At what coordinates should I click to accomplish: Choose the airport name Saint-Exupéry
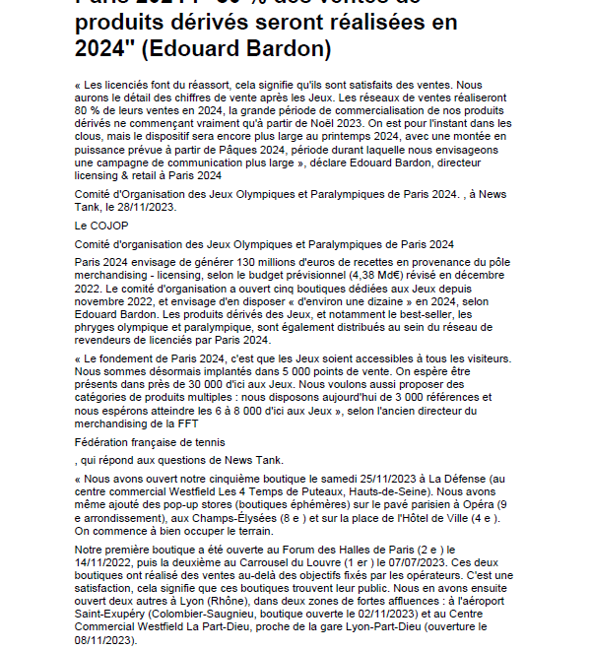click(x=115, y=612)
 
